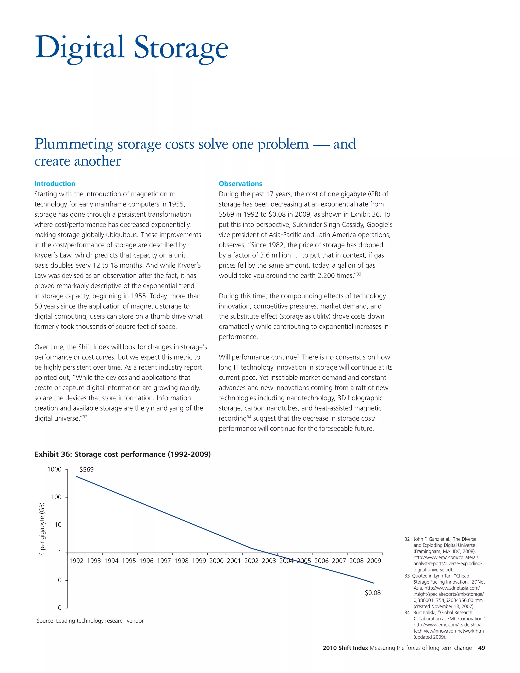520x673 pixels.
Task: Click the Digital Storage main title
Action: click(x=132, y=48)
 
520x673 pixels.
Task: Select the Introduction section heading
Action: click(x=55, y=184)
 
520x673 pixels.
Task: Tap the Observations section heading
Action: click(x=240, y=184)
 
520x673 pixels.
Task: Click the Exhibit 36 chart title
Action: click(x=123, y=454)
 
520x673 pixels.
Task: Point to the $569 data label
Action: click(x=87, y=470)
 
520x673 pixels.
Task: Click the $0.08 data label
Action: click(x=372, y=592)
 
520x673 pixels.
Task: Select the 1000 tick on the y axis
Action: click(x=55, y=469)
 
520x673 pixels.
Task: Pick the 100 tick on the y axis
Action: click(x=56, y=497)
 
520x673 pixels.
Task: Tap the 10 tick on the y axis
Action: click(x=58, y=524)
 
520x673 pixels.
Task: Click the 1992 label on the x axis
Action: click(x=76, y=561)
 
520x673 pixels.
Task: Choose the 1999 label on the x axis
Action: click(x=199, y=561)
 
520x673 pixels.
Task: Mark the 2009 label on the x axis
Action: click(x=374, y=561)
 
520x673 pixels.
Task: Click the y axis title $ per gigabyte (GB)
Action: click(x=42, y=529)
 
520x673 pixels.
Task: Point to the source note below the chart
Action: click(x=90, y=621)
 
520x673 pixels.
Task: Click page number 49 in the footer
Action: click(x=481, y=648)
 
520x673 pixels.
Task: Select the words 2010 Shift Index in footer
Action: click(x=345, y=648)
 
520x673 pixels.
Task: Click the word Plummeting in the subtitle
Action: click(x=74, y=144)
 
